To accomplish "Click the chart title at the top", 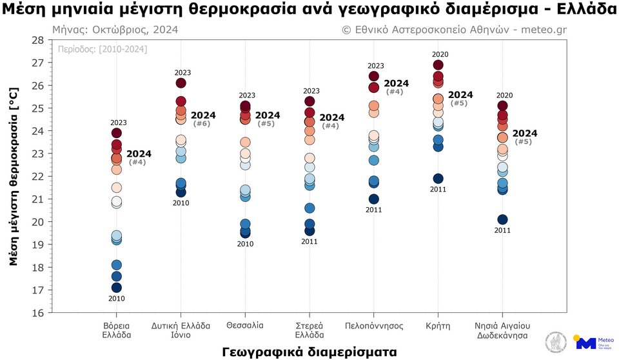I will click(309, 11).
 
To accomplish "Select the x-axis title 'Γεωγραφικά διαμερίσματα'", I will click(309, 351).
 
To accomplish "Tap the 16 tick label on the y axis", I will click(37, 313).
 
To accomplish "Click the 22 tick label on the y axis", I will click(37, 176).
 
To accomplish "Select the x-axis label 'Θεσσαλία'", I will click(245, 326).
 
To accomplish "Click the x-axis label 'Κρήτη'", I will click(438, 326).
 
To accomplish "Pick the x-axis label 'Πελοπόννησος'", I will click(374, 326).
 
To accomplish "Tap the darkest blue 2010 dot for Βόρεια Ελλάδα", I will click(117, 288).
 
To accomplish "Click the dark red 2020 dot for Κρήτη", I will click(438, 65).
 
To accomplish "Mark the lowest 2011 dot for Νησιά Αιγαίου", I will click(503, 220).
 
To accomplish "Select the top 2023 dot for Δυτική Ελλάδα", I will click(181, 83).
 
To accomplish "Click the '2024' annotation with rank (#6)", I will click(203, 115).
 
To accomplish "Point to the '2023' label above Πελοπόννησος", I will click(375, 66).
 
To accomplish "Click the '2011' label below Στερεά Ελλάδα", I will click(309, 241).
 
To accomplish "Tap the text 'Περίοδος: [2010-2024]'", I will click(102, 49).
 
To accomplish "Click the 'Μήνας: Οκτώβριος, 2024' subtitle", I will click(115, 30).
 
